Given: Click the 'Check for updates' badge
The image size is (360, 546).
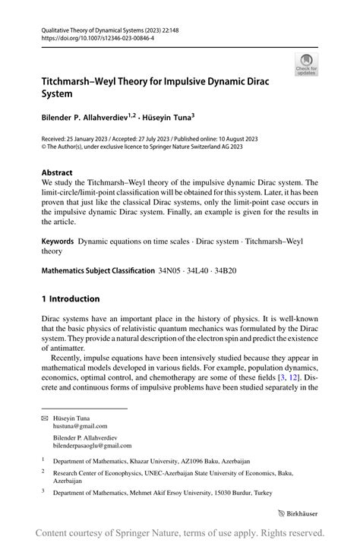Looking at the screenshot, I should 307,65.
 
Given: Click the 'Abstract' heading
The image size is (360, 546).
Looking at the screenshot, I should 58,172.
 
